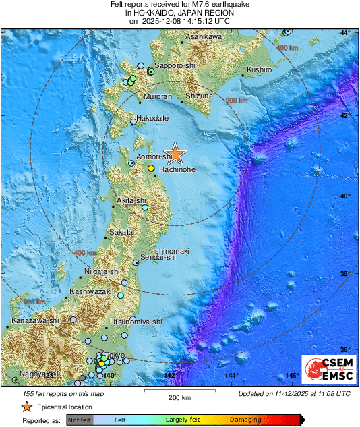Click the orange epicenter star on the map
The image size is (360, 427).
click(175, 154)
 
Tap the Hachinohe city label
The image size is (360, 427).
click(177, 170)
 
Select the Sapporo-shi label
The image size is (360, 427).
click(175, 66)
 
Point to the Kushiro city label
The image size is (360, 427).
click(259, 69)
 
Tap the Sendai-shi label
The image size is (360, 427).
click(159, 258)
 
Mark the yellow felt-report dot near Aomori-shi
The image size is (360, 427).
click(152, 168)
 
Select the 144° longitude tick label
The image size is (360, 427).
click(231, 375)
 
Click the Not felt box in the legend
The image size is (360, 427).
click(80, 420)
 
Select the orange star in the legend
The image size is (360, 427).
click(26, 407)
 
